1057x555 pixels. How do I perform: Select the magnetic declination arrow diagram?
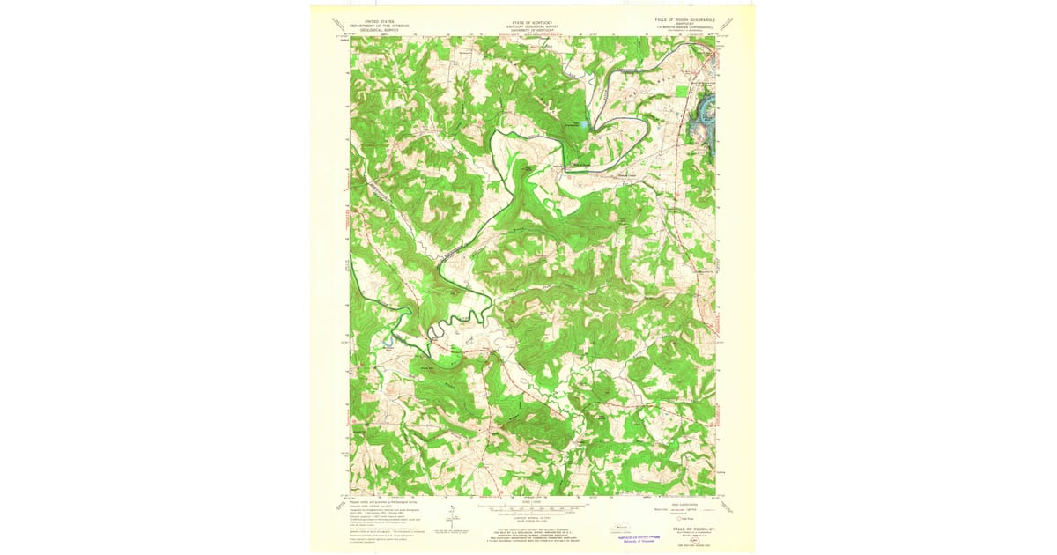(x=451, y=518)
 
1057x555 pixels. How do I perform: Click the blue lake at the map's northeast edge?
(x=705, y=110)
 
